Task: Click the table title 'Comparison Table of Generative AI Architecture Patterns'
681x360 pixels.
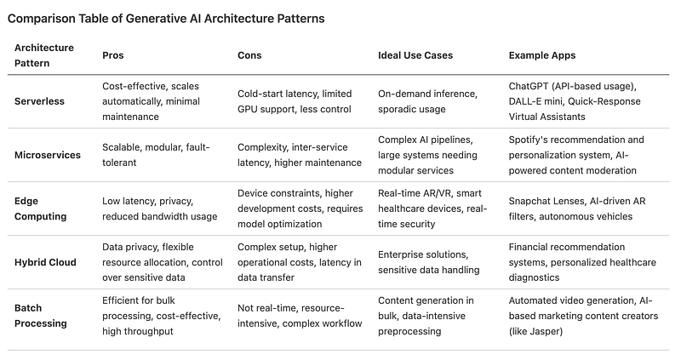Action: [166, 19]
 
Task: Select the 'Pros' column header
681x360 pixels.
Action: [113, 55]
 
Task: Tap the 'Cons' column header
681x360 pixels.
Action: [249, 55]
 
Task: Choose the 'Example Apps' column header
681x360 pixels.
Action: [542, 55]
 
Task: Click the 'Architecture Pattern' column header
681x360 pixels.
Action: [44, 55]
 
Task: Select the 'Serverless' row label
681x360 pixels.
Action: [39, 101]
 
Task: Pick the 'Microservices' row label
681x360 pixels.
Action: [48, 155]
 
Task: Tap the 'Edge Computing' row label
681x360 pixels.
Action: [40, 209]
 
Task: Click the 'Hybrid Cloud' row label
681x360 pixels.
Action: [45, 262]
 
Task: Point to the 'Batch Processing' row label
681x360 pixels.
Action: [40, 316]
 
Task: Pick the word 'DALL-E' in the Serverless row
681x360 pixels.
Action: [524, 101]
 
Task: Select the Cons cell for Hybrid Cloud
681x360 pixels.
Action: [300, 262]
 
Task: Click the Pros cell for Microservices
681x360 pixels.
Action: [156, 155]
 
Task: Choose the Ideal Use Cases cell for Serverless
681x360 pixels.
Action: [427, 101]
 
